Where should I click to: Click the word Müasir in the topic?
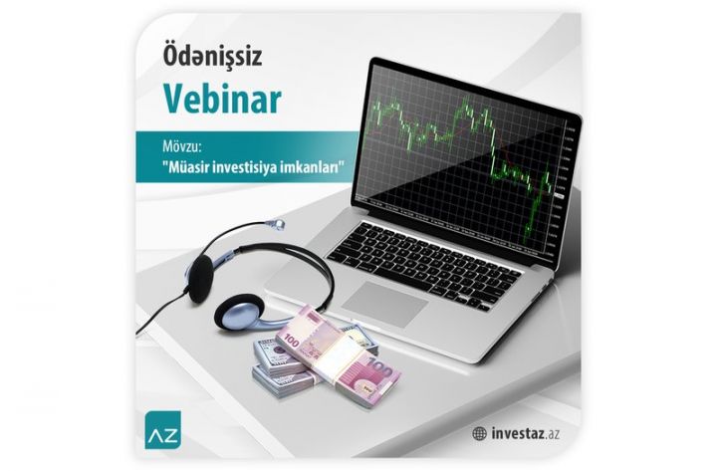184,166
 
